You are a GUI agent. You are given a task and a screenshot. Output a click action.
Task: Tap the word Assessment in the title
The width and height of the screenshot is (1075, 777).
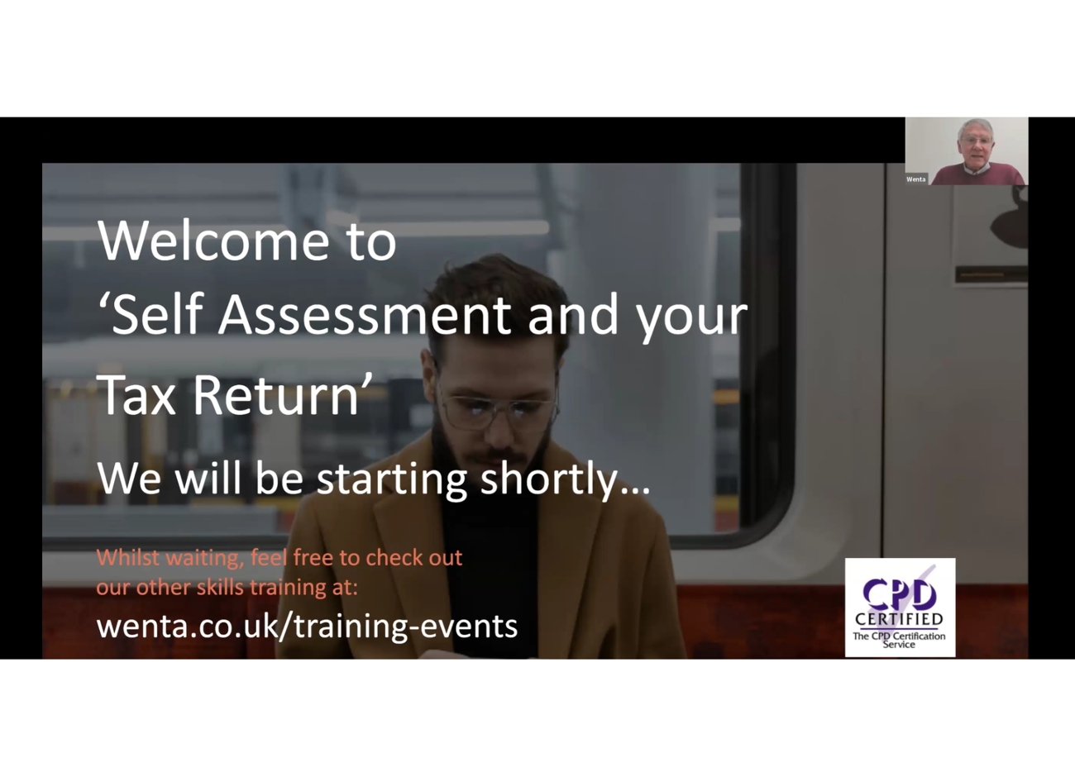365,315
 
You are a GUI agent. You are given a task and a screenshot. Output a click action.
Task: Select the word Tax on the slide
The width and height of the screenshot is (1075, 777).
136,395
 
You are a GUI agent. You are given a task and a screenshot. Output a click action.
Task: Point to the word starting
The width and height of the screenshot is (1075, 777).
392,479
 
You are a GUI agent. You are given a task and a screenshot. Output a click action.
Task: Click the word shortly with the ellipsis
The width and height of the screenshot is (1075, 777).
566,479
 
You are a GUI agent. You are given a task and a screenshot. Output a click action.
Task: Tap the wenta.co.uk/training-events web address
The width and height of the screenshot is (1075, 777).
307,627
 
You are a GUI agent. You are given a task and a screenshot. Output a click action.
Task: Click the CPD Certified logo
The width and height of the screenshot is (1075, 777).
900,608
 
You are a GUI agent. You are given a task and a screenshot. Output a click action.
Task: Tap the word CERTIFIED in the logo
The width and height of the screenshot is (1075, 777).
899,619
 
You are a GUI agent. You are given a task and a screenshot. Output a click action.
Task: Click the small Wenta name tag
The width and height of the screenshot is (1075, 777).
915,179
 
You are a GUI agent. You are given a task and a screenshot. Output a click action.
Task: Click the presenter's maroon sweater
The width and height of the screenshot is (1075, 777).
979,175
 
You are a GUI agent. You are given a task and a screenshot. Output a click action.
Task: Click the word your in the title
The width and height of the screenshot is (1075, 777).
692,321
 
